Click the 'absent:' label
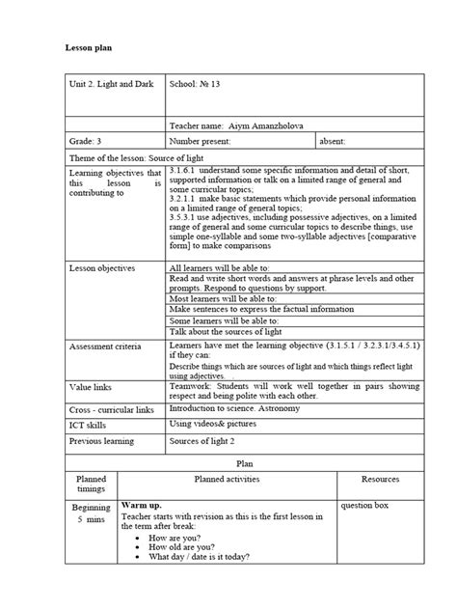(336, 141)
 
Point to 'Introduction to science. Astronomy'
(240, 409)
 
